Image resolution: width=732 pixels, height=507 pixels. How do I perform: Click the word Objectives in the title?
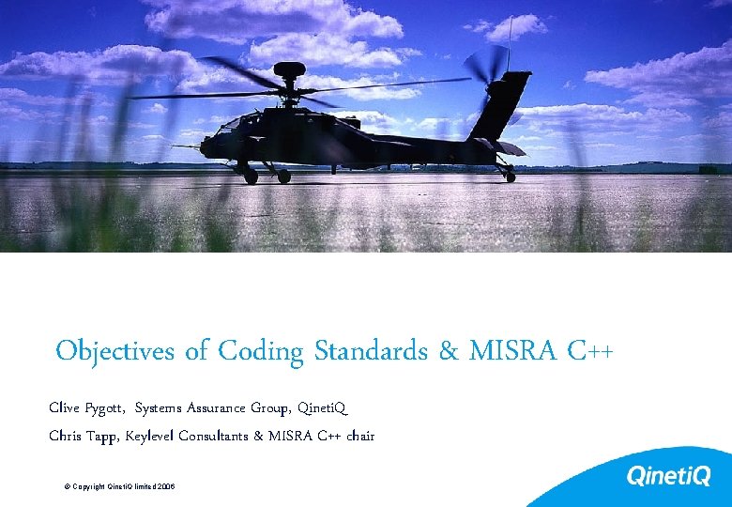pos(114,352)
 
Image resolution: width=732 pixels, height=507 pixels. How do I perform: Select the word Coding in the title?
pos(261,352)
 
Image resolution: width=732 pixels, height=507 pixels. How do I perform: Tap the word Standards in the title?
pos(371,351)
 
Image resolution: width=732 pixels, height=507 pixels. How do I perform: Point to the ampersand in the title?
pos(447,352)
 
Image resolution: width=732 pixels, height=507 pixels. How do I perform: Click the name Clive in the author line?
pos(65,407)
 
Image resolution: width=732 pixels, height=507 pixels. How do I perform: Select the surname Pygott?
pos(106,408)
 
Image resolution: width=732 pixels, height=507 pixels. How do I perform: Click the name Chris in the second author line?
pos(66,436)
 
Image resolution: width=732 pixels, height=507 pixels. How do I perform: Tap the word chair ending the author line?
pos(360,436)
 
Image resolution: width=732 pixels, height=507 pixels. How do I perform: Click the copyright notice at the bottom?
pos(119,487)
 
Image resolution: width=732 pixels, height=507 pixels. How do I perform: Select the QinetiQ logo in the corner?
pos(668,477)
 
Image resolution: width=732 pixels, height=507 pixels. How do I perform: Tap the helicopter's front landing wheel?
pos(251,176)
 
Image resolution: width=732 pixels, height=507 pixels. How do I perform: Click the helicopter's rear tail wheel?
pos(509,177)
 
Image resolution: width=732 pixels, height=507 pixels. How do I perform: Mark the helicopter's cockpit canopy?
pos(236,122)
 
